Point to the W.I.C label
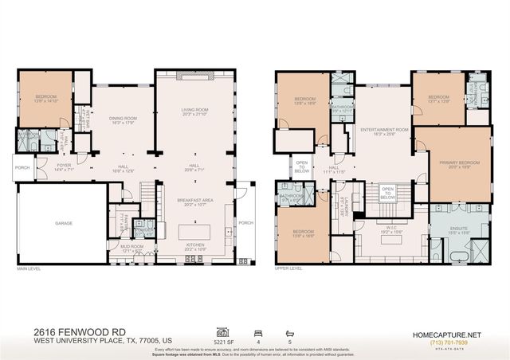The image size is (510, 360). pos(390,225)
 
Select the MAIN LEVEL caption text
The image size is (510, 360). pos(29,269)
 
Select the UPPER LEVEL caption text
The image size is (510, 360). pos(288,269)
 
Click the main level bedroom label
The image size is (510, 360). pos(45,99)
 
